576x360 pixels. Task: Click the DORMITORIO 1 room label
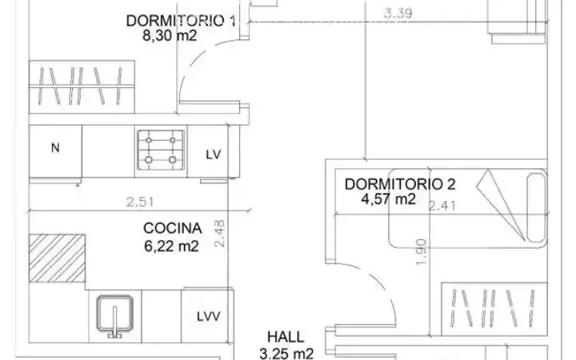[x=181, y=21]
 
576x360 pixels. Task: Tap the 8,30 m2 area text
[x=170, y=36]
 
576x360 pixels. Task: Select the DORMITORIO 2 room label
[x=400, y=184]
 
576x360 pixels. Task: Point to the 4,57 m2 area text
[x=389, y=199]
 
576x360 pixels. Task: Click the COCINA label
[x=172, y=228]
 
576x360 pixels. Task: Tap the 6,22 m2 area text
[x=171, y=246]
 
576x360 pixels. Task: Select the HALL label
[x=286, y=337]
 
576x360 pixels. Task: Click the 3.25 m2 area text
[x=286, y=354]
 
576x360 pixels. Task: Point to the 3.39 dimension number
[x=398, y=14]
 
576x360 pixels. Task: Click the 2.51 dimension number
[x=140, y=202]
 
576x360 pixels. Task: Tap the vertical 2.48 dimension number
[x=219, y=234]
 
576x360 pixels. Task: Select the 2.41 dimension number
[x=442, y=206]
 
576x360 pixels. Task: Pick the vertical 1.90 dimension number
[x=422, y=252]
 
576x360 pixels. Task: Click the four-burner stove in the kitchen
[x=161, y=150]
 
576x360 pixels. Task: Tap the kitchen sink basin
[x=114, y=314]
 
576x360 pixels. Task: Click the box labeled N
[x=55, y=151]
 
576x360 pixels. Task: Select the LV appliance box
[x=208, y=151]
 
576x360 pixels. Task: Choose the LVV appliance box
[x=207, y=315]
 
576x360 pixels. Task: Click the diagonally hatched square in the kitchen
[x=58, y=258]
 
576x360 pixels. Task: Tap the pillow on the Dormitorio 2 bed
[x=536, y=208]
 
